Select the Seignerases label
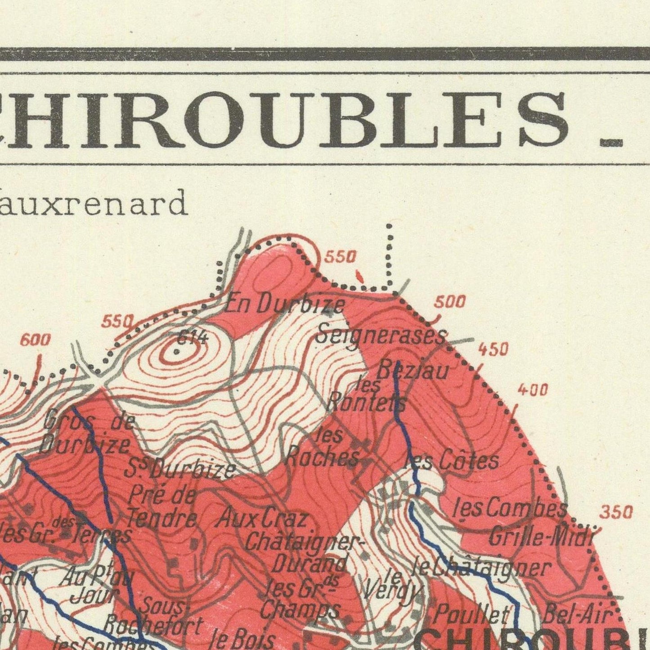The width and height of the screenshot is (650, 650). click(381, 335)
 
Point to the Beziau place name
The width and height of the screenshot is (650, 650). click(412, 371)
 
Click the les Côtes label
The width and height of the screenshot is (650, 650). click(453, 461)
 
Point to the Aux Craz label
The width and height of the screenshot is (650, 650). click(262, 519)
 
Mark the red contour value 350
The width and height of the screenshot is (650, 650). click(617, 512)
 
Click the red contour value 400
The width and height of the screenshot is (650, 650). click(533, 390)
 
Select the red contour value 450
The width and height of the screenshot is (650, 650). click(493, 349)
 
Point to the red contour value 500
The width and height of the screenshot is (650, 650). click(449, 302)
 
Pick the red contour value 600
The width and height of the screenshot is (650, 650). click(35, 341)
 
